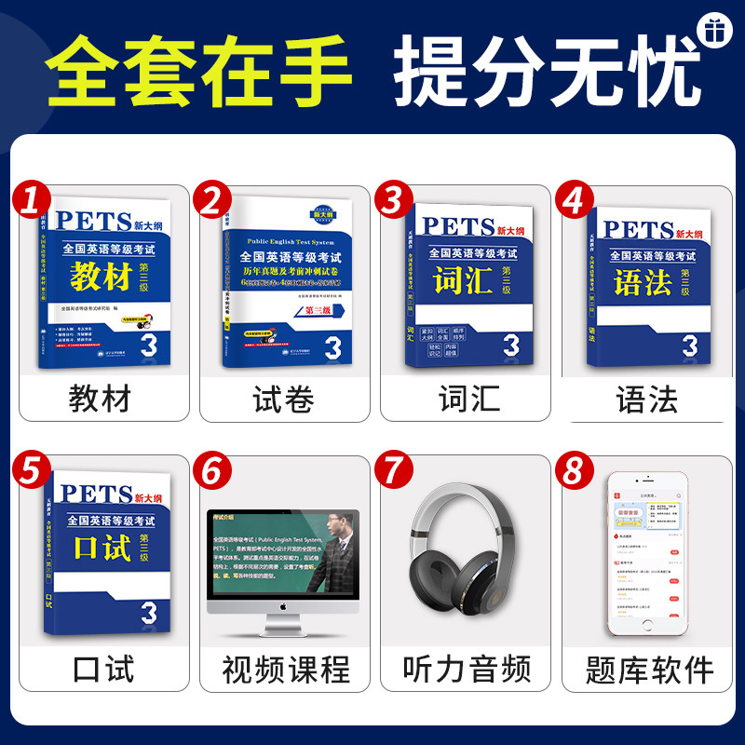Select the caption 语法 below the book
[645, 400]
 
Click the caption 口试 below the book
[100, 668]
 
